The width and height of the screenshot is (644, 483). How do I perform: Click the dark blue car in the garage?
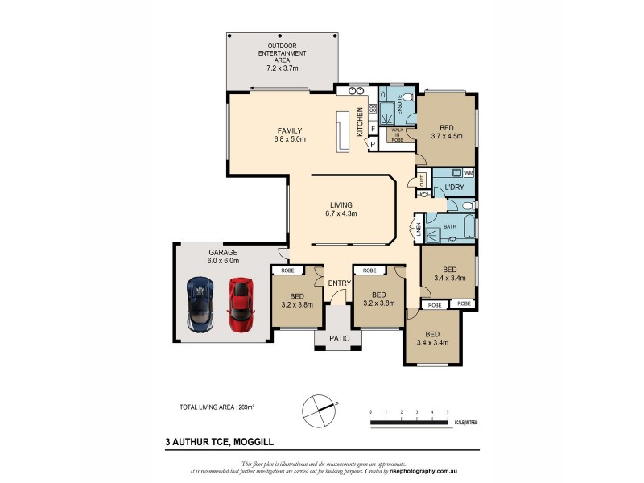click(x=200, y=304)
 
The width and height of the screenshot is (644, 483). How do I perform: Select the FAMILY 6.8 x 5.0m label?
click(x=289, y=134)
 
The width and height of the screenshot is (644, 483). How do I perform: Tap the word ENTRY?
click(x=340, y=283)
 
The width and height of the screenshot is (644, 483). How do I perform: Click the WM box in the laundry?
click(x=469, y=173)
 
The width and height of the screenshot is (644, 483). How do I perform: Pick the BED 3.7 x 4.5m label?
click(x=446, y=132)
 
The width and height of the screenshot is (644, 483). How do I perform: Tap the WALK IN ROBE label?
click(x=397, y=135)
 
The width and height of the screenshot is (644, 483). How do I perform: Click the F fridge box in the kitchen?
click(x=374, y=129)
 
